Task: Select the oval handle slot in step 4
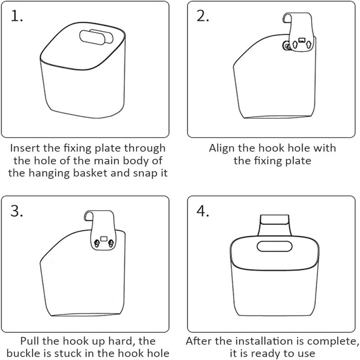coord(274,246)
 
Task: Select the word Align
coord(222,148)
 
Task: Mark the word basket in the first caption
coord(85,173)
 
